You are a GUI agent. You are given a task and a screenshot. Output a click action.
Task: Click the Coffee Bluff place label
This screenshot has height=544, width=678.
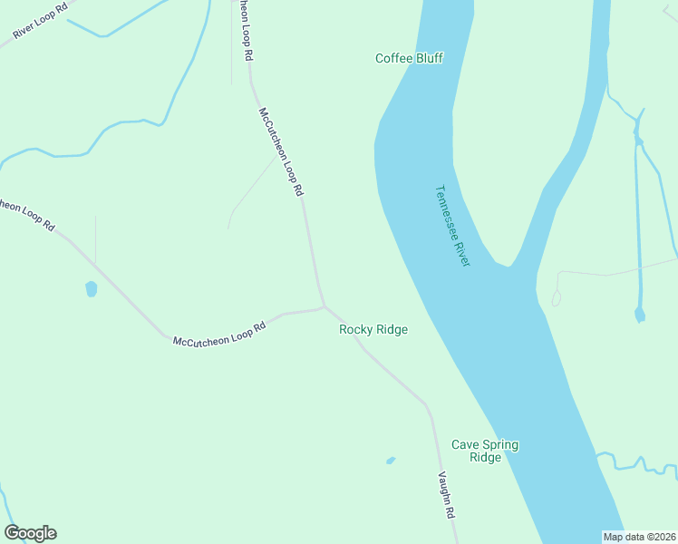(409, 58)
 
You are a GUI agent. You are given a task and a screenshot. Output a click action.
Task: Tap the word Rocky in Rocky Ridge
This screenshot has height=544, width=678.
(355, 329)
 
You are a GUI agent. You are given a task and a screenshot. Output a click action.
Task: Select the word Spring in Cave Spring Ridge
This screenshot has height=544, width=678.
(500, 444)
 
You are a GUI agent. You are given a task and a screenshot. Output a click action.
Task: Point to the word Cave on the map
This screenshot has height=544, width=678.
(465, 444)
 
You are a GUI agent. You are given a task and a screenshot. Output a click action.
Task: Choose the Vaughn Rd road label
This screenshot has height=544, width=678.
(446, 495)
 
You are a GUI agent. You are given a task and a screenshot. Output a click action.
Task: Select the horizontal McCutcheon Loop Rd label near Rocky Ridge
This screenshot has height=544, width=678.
(219, 333)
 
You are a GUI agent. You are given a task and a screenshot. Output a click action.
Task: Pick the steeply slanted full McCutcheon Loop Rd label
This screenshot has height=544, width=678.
(281, 152)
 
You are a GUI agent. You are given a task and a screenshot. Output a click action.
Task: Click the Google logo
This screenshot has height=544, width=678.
(30, 533)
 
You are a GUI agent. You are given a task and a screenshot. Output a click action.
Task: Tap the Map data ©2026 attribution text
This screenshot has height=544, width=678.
(639, 537)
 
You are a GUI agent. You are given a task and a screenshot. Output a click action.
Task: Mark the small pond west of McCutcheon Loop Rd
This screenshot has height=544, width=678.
(91, 289)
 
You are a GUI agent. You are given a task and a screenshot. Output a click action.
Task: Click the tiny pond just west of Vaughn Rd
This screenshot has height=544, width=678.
(391, 461)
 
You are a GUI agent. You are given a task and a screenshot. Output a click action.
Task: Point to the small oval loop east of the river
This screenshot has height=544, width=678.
(556, 298)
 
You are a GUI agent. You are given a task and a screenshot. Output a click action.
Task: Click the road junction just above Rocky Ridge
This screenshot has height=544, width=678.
(324, 307)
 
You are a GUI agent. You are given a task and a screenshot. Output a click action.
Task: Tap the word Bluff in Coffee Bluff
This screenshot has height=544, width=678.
(429, 58)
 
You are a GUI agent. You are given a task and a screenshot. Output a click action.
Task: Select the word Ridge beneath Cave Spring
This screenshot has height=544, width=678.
(485, 458)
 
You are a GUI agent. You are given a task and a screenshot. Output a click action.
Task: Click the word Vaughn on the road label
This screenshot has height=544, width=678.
(444, 488)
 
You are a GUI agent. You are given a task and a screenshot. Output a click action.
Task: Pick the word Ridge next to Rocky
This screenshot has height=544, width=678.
(392, 329)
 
